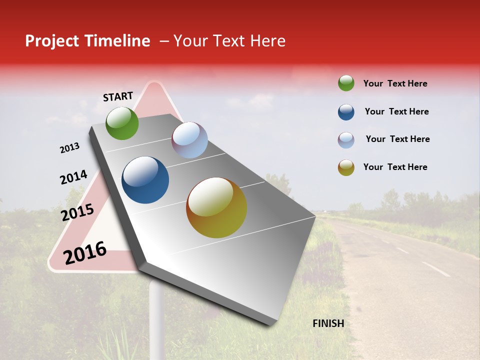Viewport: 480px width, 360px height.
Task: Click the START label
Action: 118,96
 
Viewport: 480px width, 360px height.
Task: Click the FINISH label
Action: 328,323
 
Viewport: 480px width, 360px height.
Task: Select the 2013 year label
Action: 69,148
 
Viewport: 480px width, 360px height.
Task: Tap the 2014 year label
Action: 73,177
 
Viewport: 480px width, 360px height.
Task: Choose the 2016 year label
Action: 85,252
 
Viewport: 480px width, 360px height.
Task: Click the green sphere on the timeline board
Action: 122,123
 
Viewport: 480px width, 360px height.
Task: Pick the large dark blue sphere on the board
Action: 145,180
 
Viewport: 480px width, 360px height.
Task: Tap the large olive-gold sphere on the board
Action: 216,207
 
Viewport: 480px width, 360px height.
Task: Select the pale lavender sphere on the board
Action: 189,140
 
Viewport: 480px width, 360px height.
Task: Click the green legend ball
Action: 346,83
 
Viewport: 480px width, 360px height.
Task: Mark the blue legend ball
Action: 346,112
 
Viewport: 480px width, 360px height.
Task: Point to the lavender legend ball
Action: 346,140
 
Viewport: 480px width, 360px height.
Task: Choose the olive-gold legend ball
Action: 346,168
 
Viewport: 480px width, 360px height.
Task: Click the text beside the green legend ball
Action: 395,83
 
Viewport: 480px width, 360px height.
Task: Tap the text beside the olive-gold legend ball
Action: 395,167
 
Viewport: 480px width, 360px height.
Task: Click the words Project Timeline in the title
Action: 87,41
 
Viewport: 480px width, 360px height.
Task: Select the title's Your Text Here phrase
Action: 229,41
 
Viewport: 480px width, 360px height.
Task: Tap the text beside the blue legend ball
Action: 396,111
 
